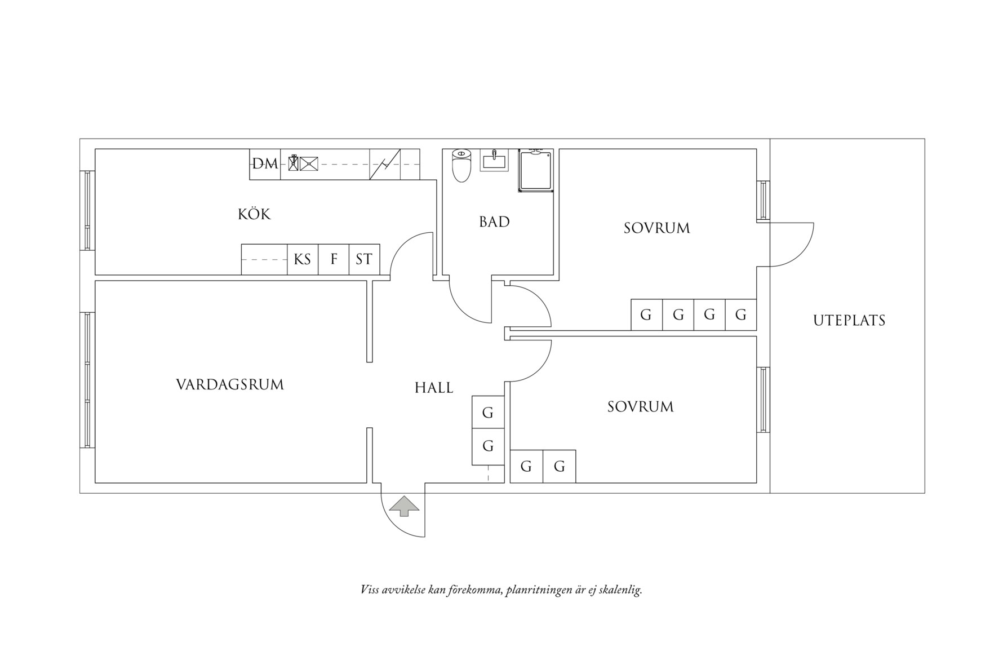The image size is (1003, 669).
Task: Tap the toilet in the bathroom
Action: (461, 166)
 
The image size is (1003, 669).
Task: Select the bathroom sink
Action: (494, 161)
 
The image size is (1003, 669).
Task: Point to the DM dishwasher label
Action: (265, 164)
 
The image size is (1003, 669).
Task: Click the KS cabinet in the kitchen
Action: (303, 259)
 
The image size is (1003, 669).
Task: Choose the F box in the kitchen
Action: (334, 259)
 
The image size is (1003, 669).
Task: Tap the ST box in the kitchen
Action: (364, 259)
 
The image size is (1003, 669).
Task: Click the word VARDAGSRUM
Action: (230, 384)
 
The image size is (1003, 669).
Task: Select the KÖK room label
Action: (254, 214)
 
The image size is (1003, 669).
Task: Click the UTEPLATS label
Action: (849, 321)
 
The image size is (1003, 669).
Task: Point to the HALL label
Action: (434, 388)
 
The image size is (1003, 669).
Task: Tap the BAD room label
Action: (494, 222)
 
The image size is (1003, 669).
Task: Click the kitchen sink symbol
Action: (309, 164)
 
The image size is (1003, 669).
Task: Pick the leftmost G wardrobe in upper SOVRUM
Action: (646, 314)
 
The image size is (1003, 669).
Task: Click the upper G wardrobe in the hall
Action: (488, 413)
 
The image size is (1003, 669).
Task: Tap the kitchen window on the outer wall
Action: (87, 210)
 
